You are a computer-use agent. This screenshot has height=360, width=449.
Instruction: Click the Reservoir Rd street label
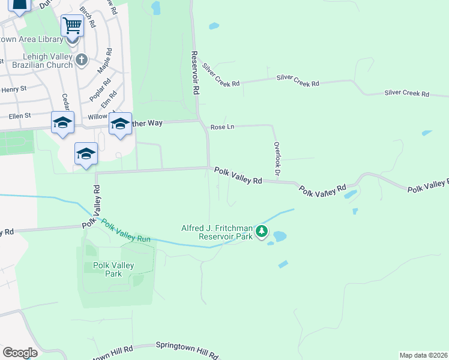[x=195, y=73]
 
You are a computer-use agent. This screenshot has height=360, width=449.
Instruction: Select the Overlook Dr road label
[x=277, y=158]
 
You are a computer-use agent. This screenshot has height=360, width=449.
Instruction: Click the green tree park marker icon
[x=261, y=231]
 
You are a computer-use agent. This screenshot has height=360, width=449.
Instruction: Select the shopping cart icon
[x=72, y=26]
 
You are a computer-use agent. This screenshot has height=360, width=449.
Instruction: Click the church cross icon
[x=82, y=59]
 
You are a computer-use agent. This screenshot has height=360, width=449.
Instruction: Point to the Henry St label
[x=14, y=89]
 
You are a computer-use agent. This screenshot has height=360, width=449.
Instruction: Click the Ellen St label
[x=20, y=116]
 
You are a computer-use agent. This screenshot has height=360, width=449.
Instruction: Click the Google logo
[x=20, y=352]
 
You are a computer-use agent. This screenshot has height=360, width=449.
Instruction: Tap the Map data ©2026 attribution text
[x=423, y=355]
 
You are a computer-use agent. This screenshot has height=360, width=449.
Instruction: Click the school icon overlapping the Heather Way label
[x=120, y=124]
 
